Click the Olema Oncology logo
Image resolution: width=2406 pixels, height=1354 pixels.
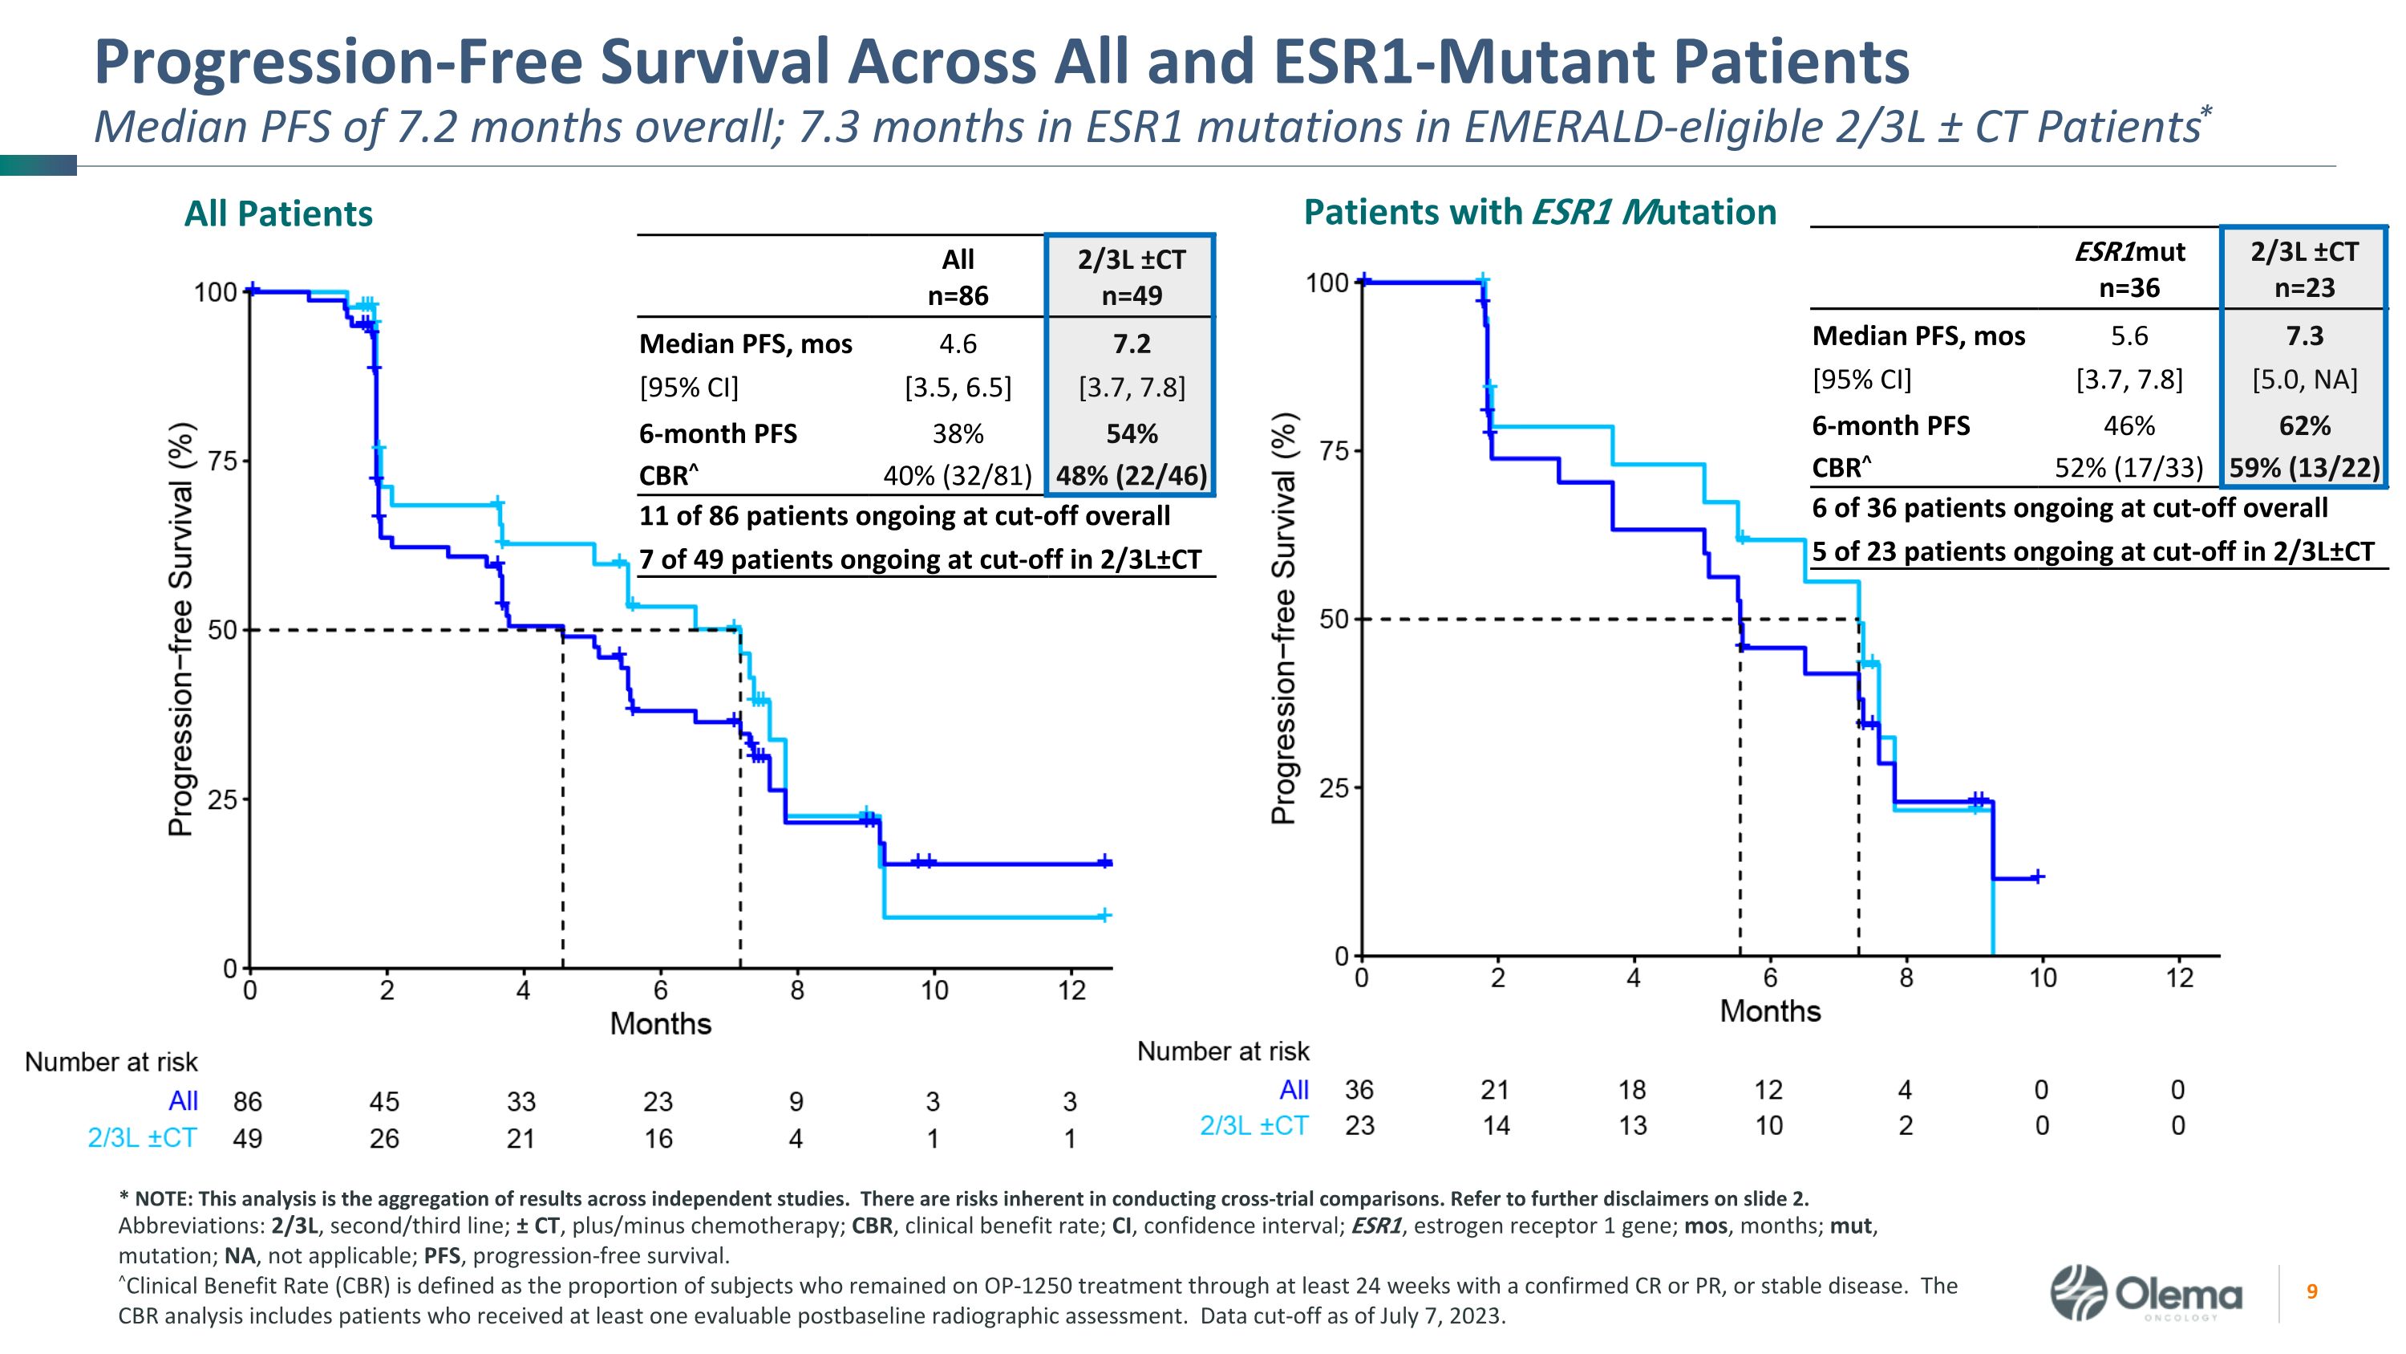click(2145, 1294)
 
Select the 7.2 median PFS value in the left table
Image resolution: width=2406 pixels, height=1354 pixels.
click(1131, 344)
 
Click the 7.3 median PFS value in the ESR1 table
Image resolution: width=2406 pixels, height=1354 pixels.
click(2304, 335)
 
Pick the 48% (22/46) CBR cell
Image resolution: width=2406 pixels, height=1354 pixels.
click(1131, 477)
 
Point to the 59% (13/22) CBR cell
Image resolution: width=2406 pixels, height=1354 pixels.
click(2304, 467)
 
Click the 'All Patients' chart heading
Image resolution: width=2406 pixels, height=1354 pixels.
click(278, 214)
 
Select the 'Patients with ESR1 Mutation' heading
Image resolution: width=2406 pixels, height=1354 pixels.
click(1539, 212)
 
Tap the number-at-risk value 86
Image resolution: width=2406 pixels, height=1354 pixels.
click(248, 1102)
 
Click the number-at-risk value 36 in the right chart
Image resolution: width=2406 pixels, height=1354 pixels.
click(1359, 1090)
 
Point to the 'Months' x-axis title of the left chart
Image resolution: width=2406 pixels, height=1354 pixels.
click(660, 1024)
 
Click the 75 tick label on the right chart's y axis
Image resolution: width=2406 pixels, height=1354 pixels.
click(1335, 451)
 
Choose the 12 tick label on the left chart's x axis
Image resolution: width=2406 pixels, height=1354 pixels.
click(1072, 991)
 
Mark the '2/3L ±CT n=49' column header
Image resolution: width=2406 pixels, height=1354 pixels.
click(1131, 278)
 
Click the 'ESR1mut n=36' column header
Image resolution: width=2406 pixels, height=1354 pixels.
click(2129, 269)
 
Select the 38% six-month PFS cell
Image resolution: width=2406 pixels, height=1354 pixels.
click(958, 433)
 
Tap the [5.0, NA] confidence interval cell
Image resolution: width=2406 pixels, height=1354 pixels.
click(2304, 380)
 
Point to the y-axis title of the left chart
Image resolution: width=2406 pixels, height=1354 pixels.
click(181, 630)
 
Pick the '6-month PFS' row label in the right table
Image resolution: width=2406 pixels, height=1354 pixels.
click(1890, 426)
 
